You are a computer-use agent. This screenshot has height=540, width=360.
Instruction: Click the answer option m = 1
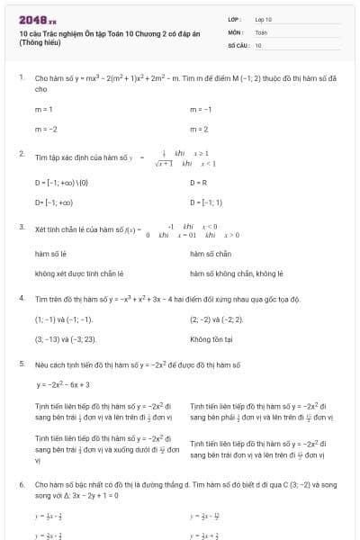coord(43,109)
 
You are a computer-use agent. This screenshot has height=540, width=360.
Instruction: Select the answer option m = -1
coord(200,109)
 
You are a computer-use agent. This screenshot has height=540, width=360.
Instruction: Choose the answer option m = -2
coord(45,130)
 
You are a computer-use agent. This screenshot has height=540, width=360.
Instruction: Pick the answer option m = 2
coord(199,130)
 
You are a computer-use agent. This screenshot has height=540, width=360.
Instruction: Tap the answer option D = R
coord(199,182)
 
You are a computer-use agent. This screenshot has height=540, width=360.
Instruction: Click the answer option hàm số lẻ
coord(50,254)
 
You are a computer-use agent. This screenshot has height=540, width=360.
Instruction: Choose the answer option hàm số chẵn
coord(211,254)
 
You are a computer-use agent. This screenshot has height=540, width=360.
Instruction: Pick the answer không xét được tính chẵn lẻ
coord(78,274)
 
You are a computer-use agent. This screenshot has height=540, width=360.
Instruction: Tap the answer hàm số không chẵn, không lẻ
coord(237,274)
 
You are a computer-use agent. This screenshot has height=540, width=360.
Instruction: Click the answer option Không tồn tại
coord(211,339)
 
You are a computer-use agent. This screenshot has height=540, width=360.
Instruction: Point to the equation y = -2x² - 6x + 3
coord(63,384)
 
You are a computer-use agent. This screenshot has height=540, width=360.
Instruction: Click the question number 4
coord(22,298)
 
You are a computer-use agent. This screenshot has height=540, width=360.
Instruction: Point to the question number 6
coord(22,484)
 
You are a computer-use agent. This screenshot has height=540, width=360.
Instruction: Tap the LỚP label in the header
coord(235,19)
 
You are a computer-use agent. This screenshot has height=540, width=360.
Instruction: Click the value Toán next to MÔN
coord(261,31)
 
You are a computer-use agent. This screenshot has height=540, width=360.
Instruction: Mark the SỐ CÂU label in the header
coord(238,44)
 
